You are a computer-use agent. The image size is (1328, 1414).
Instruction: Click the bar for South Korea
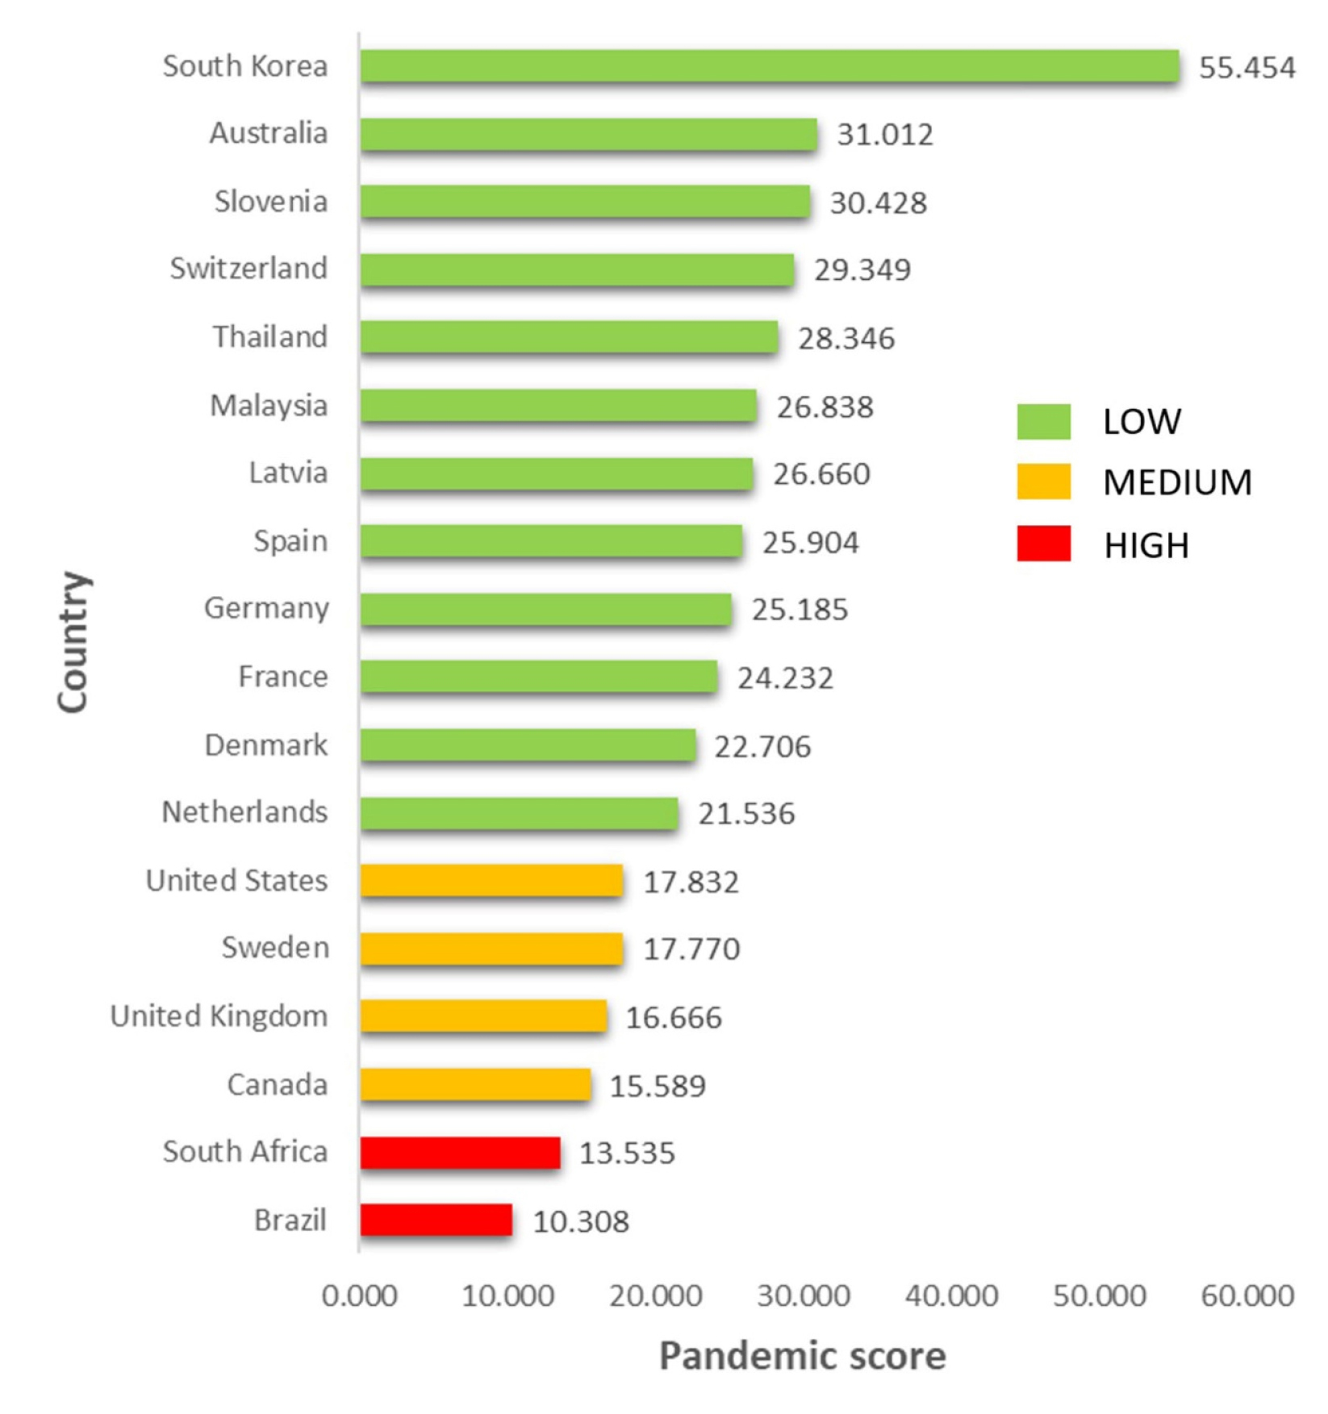click(x=769, y=66)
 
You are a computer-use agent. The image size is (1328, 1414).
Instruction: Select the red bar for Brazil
click(x=436, y=1220)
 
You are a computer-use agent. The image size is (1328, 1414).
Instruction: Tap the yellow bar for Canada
click(x=475, y=1084)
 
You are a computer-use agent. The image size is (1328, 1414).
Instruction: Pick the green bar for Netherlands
click(x=519, y=813)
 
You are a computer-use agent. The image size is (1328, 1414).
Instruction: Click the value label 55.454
click(x=1247, y=68)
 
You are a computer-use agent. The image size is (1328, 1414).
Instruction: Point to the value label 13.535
click(x=627, y=1153)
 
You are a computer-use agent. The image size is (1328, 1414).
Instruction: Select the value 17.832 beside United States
click(x=691, y=882)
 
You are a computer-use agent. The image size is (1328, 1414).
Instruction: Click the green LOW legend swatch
click(x=1043, y=421)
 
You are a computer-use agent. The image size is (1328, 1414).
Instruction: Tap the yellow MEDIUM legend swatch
click(x=1043, y=482)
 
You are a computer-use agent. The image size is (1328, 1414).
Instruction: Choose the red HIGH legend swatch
click(x=1043, y=544)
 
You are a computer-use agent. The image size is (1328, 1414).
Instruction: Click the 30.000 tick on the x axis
click(x=804, y=1295)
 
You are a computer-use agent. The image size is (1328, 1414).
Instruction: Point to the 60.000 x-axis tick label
click(x=1247, y=1295)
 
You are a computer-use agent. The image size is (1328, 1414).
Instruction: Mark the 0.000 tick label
click(x=359, y=1295)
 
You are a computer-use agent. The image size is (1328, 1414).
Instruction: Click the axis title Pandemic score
click(x=802, y=1356)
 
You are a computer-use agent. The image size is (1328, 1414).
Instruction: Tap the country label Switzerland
click(x=248, y=269)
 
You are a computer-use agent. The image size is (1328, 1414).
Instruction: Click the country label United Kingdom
click(x=219, y=1016)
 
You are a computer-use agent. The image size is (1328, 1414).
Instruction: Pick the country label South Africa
click(x=245, y=1152)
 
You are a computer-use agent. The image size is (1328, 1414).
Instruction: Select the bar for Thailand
click(x=569, y=337)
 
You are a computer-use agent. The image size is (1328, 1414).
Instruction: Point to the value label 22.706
click(x=762, y=746)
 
